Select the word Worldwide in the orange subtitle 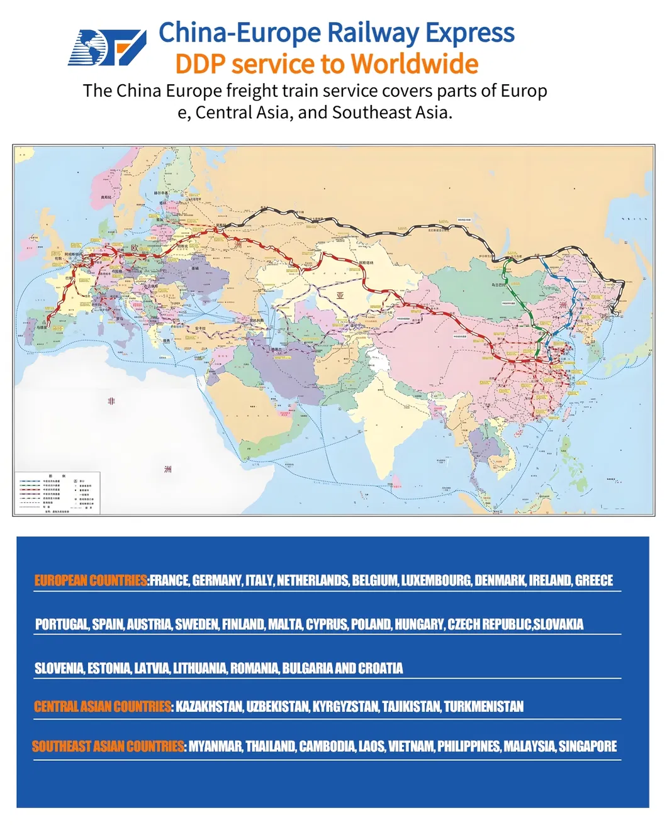[414, 64]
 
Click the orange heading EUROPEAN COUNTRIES [91, 580]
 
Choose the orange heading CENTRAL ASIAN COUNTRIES [103, 707]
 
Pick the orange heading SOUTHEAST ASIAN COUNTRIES [108, 746]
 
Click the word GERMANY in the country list [217, 580]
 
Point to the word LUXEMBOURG [436, 580]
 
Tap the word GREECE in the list [593, 580]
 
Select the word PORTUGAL [62, 624]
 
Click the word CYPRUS [326, 624]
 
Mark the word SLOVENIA [59, 668]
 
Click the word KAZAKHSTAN [209, 707]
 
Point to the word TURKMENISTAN [483, 707]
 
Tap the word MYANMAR [215, 746]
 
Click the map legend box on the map [57, 492]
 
